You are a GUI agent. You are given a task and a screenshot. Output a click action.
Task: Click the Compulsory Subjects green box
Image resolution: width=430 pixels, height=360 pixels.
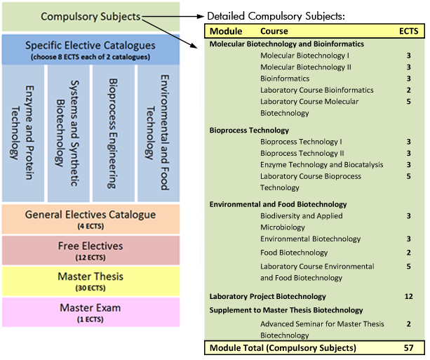pos(91,17)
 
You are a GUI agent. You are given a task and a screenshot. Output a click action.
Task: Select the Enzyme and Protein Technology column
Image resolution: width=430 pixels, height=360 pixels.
pos(23,133)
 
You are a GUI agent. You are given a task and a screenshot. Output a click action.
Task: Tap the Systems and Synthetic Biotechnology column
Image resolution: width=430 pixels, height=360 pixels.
pos(68,133)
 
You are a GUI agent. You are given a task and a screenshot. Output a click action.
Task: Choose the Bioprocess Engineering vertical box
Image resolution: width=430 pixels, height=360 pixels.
pos(114,133)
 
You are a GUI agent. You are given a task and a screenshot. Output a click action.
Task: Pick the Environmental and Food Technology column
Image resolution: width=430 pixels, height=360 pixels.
pos(158,133)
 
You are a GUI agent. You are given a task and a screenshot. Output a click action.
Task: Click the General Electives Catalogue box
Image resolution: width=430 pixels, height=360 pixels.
pos(91,219)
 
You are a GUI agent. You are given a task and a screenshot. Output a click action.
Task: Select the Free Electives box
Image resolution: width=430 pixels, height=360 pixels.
pos(91,250)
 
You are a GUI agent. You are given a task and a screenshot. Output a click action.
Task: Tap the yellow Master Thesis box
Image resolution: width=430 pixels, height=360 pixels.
pos(91,281)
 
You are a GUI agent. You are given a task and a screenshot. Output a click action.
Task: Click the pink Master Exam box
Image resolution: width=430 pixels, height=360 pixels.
pos(91,312)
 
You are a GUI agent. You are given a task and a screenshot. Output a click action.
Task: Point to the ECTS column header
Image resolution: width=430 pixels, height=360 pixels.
pos(408,32)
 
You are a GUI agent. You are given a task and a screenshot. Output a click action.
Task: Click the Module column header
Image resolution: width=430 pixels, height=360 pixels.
pos(226,32)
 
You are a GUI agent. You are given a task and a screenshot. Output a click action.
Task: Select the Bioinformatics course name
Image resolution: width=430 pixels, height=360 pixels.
pos(285,79)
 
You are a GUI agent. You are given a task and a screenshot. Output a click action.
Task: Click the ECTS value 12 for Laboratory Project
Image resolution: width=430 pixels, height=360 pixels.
pos(409,296)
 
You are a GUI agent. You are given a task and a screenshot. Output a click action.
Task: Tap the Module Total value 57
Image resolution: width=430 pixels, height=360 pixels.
pos(409,347)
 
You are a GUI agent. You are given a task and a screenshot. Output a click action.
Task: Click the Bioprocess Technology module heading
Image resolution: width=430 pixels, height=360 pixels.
pos(250,130)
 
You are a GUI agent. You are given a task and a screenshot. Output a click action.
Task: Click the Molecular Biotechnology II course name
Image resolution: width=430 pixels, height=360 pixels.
pos(306,67)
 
